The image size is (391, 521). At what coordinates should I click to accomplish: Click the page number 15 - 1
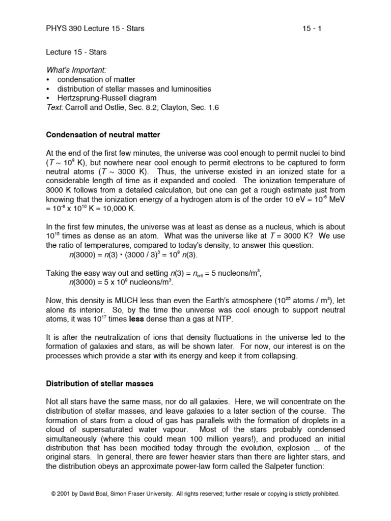(x=312, y=28)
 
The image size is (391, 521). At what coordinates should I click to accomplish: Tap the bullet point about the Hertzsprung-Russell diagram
(x=106, y=98)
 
